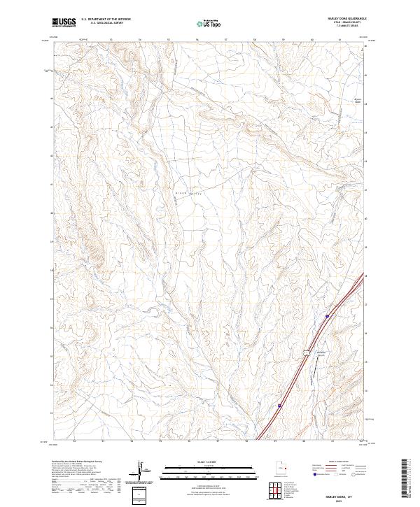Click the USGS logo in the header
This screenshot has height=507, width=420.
coord(64,22)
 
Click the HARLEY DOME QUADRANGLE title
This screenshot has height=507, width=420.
coord(346,19)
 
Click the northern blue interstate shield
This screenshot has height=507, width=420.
coord(326,317)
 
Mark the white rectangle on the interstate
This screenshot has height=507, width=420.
coord(306,352)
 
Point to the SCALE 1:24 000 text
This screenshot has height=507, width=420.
coord(209,462)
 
